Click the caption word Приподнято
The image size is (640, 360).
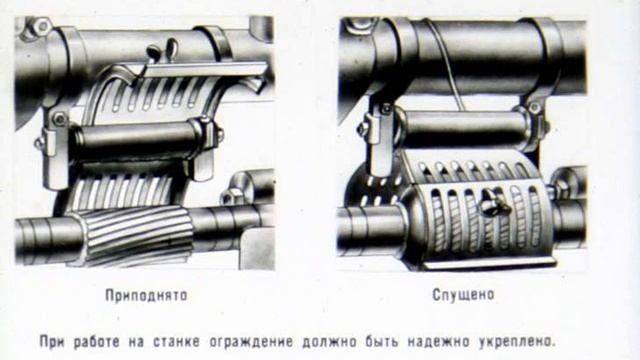(x=147, y=295)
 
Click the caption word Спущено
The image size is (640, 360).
(x=463, y=295)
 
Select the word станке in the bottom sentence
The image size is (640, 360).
(x=177, y=342)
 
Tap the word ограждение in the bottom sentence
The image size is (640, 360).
(x=251, y=342)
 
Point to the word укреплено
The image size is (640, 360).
(x=517, y=342)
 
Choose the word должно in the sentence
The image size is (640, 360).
(x=329, y=342)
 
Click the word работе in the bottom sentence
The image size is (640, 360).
(x=97, y=342)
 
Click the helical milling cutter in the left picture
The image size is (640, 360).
(x=135, y=233)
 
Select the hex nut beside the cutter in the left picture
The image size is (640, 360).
(x=231, y=196)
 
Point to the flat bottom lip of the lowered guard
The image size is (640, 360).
(x=488, y=264)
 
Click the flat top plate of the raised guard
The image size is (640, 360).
(x=203, y=70)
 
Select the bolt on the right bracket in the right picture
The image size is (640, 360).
(x=534, y=107)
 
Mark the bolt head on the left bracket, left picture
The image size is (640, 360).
(x=60, y=119)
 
